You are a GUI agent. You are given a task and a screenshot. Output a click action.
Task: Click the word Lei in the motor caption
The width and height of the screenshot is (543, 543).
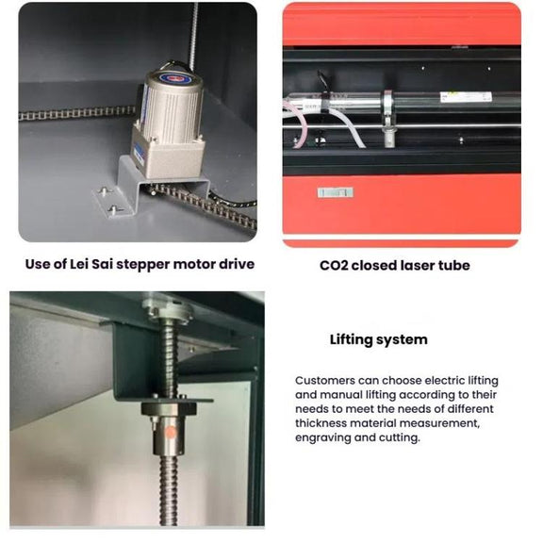[x=79, y=264]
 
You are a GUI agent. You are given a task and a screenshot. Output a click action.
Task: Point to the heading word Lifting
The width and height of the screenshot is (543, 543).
[x=351, y=339]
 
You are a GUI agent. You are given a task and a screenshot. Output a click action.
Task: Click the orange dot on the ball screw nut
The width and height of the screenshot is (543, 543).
[x=171, y=433]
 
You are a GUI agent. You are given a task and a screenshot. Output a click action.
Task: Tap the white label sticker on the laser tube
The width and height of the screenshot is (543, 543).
[x=466, y=97]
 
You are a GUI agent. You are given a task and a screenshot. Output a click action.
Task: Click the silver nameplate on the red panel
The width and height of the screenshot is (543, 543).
[x=336, y=192]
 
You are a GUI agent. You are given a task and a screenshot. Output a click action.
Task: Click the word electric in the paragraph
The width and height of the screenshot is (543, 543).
[x=445, y=381]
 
